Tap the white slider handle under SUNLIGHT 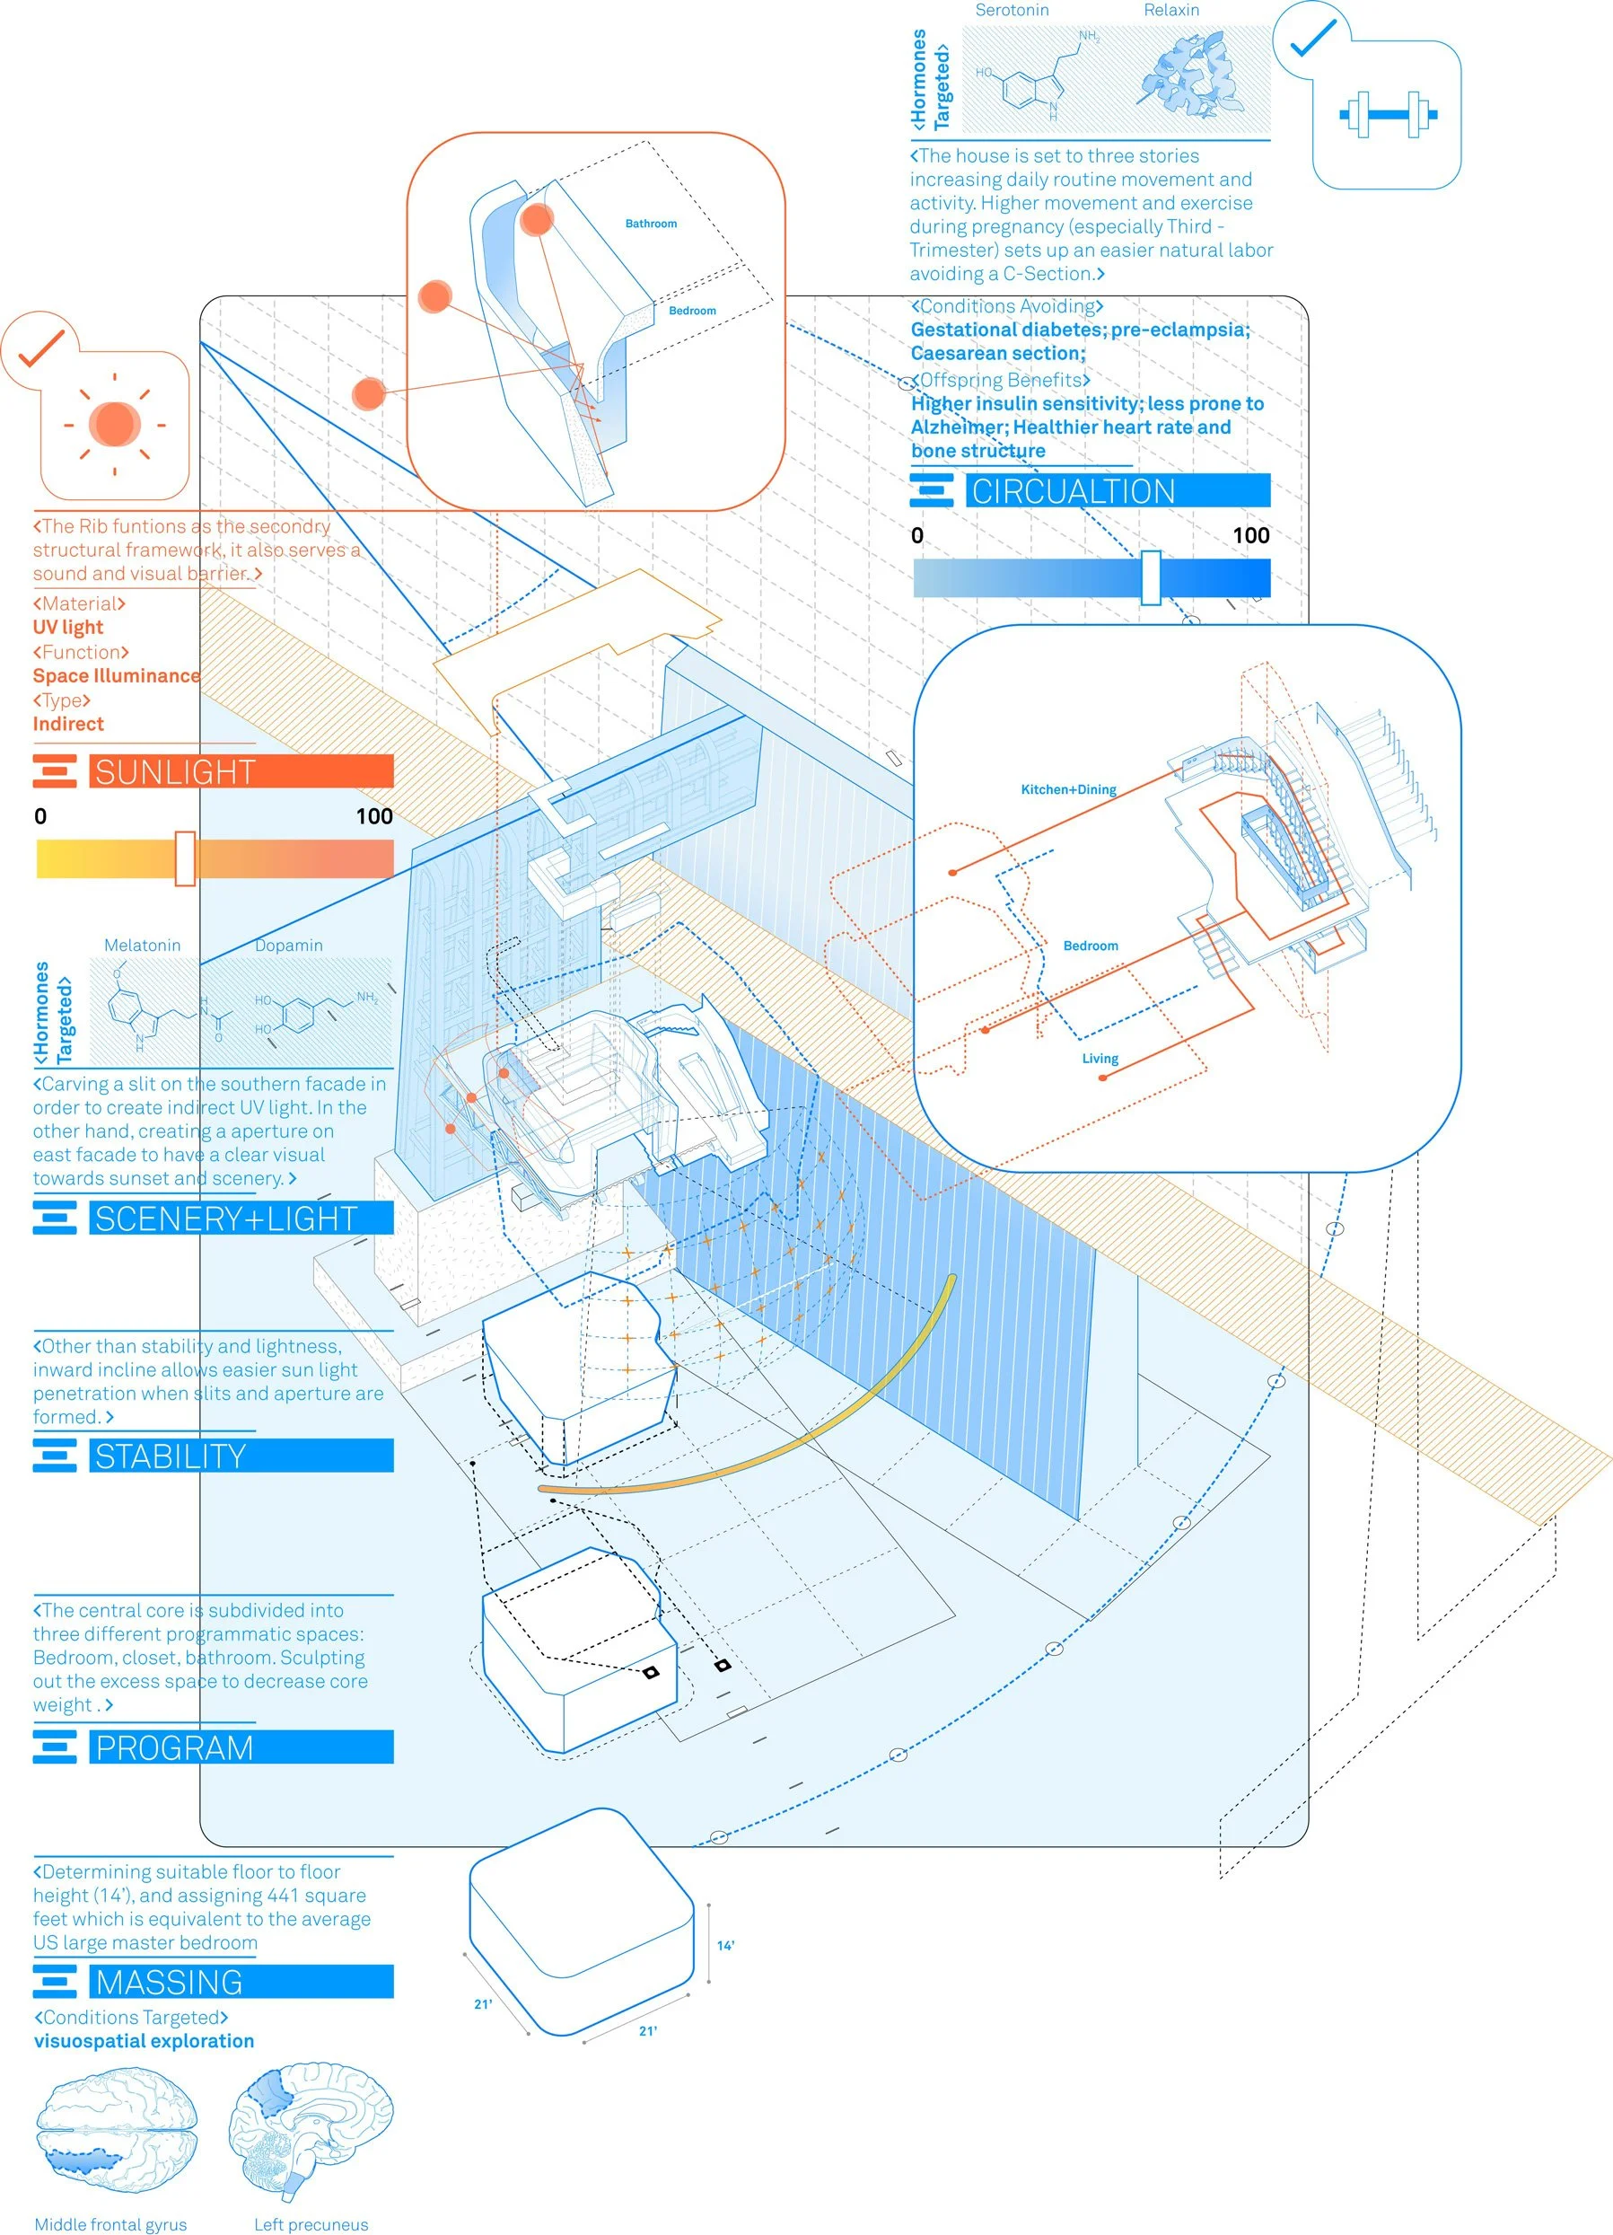point(184,858)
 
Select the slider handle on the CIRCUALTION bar point(1150,577)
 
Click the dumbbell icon point(1388,114)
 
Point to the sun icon point(114,425)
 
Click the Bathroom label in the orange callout point(651,224)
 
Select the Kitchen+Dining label point(1068,789)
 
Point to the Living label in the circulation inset point(1100,1059)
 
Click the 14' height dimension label point(725,1945)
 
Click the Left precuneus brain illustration point(311,2134)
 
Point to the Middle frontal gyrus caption point(110,2224)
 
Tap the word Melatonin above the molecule point(143,945)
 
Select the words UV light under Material point(68,628)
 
